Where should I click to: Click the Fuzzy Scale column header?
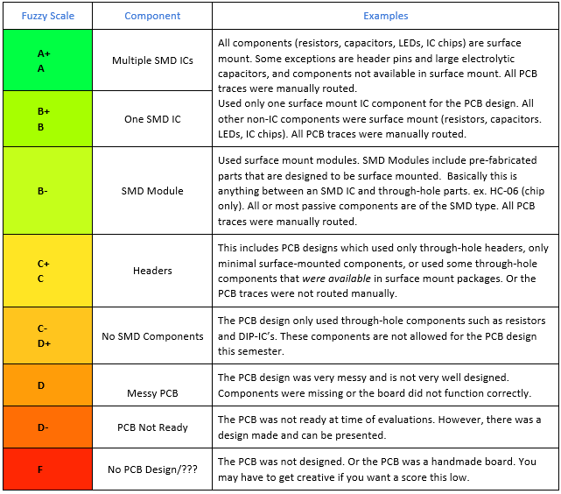pyautogui.click(x=48, y=16)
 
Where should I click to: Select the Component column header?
pyautogui.click(x=152, y=16)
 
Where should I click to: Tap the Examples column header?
pyautogui.click(x=386, y=16)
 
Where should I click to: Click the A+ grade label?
pyautogui.click(x=44, y=53)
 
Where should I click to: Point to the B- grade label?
pyautogui.click(x=43, y=191)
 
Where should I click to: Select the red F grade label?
pyautogui.click(x=40, y=469)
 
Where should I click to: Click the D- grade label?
pyautogui.click(x=43, y=427)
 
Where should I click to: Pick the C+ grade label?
pyautogui.click(x=44, y=264)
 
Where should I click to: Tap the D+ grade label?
pyautogui.click(x=45, y=343)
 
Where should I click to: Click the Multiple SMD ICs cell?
pyautogui.click(x=152, y=60)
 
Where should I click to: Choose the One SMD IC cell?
pyautogui.click(x=152, y=119)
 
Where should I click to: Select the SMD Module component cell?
pyautogui.click(x=152, y=191)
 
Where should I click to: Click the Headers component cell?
pyautogui.click(x=152, y=271)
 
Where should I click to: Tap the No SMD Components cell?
pyautogui.click(x=152, y=336)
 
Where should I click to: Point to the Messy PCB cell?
pyautogui.click(x=152, y=393)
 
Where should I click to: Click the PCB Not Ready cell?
pyautogui.click(x=152, y=427)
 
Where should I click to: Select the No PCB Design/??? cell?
pyautogui.click(x=152, y=469)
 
